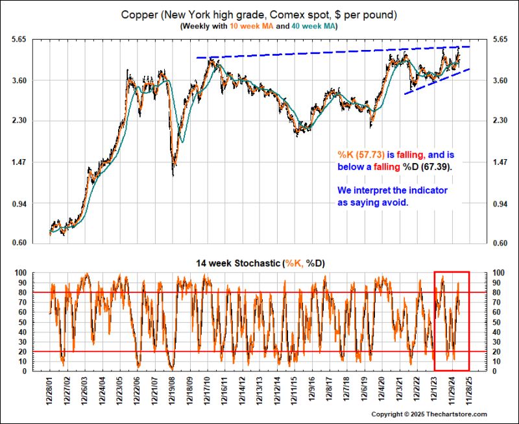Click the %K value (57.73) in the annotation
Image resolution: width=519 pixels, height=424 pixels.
[365, 155]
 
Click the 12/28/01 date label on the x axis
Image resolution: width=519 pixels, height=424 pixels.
[51, 391]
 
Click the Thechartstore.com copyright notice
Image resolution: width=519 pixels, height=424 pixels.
[429, 414]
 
